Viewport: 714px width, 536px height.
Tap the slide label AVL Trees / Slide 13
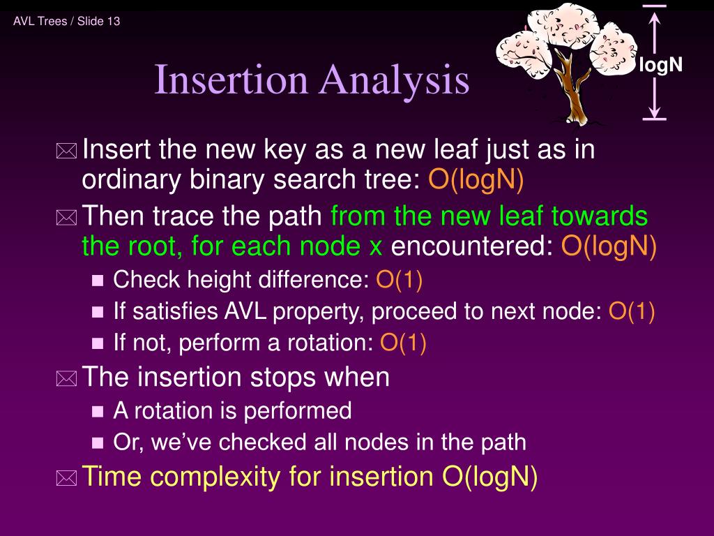66,21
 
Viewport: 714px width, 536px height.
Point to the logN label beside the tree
661,65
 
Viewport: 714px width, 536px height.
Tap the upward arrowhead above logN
654,18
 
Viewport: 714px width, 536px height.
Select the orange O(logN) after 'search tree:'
476,179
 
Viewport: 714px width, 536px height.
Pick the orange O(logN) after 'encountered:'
609,246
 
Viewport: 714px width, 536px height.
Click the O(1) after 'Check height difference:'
400,279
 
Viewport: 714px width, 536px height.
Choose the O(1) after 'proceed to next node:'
632,311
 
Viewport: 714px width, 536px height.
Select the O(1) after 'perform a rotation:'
404,343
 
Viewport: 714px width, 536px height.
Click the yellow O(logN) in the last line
490,477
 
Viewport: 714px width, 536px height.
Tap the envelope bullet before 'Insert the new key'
66,151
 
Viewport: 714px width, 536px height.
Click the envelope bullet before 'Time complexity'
66,478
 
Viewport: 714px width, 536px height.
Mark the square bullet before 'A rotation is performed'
98,412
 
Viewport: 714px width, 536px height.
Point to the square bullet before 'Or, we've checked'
98,443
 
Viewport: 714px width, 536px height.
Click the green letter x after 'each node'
376,248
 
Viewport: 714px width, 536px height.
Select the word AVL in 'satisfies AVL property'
245,311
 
